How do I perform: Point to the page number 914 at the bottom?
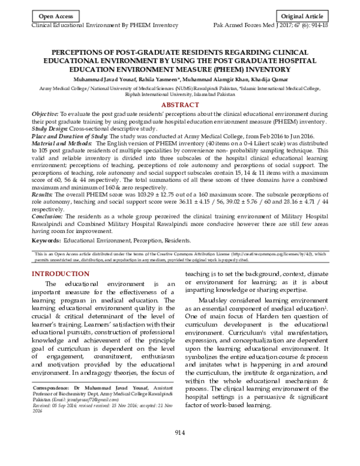179,449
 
